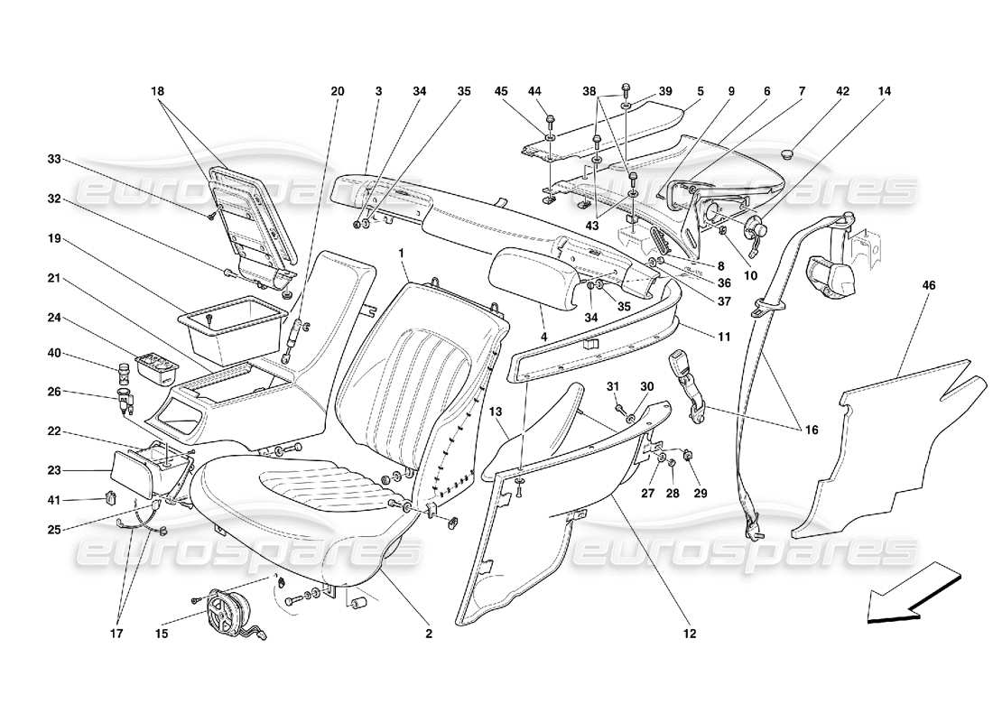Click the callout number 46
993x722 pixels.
click(x=929, y=285)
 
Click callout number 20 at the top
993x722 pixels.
click(x=338, y=91)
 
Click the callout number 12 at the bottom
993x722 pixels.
click(x=690, y=634)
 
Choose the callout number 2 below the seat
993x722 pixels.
click(x=429, y=634)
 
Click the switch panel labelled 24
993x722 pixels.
click(x=155, y=366)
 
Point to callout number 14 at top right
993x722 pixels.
click(x=883, y=91)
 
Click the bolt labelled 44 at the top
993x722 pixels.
click(x=550, y=118)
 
